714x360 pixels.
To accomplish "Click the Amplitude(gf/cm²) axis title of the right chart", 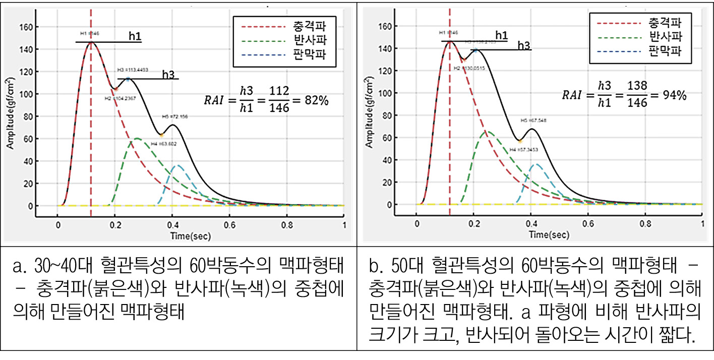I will [371, 113].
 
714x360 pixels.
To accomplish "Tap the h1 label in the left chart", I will [135, 37].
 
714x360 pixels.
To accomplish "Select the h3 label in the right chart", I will [523, 45].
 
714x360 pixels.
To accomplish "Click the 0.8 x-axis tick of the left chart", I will [286, 225].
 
